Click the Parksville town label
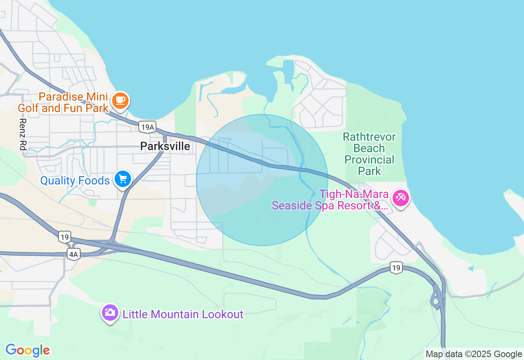(165, 146)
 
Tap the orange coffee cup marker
(120, 100)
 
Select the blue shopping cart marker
(122, 179)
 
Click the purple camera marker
(110, 312)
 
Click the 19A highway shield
(147, 127)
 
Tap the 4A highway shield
(73, 254)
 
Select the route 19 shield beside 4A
(64, 236)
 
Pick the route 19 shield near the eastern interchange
(395, 268)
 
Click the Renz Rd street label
(23, 134)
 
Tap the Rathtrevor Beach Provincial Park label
(369, 153)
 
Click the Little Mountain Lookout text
(183, 314)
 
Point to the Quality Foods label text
(75, 180)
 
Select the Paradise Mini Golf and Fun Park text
(63, 103)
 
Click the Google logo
(27, 350)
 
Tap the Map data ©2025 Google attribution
(474, 354)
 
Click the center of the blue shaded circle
(262, 180)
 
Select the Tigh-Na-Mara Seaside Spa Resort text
(330, 200)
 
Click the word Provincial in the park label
(369, 160)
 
